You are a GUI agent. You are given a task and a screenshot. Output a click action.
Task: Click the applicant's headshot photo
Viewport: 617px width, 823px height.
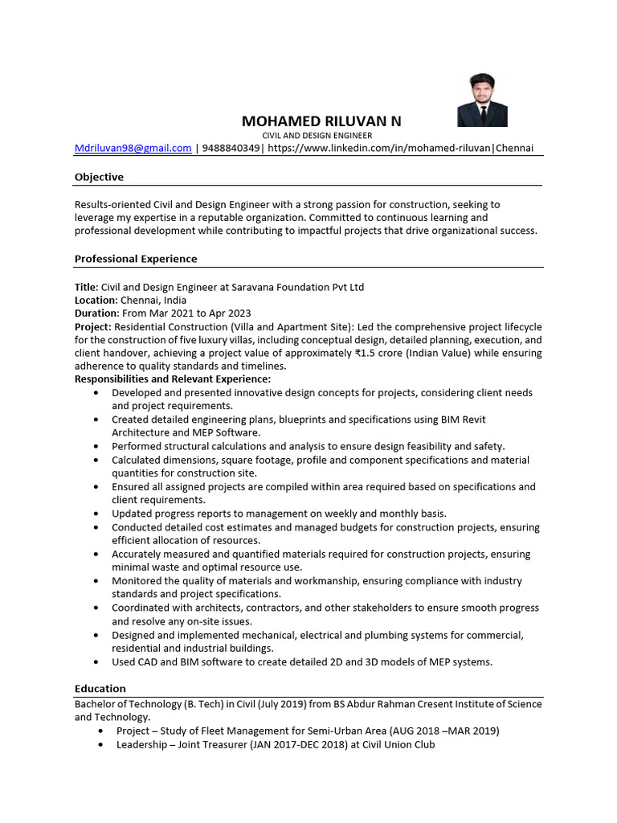[482, 100]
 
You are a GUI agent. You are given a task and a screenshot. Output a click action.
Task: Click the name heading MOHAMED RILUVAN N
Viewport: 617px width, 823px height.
[321, 121]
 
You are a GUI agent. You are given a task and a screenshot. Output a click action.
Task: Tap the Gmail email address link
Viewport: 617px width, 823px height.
[133, 148]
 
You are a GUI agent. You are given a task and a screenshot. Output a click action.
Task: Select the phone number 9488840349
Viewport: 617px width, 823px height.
[231, 148]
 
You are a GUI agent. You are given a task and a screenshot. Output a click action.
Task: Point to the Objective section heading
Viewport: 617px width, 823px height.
[99, 177]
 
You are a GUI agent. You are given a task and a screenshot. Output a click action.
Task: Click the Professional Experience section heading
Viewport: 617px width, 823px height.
[136, 259]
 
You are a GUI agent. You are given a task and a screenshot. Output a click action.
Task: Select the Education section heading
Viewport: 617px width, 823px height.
[100, 689]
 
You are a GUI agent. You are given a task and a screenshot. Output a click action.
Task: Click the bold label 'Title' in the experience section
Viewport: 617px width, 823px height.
[85, 287]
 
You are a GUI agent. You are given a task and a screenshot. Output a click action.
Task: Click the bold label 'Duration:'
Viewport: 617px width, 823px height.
[96, 313]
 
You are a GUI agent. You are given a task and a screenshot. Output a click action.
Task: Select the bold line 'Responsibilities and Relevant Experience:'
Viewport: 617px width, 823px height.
[173, 379]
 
